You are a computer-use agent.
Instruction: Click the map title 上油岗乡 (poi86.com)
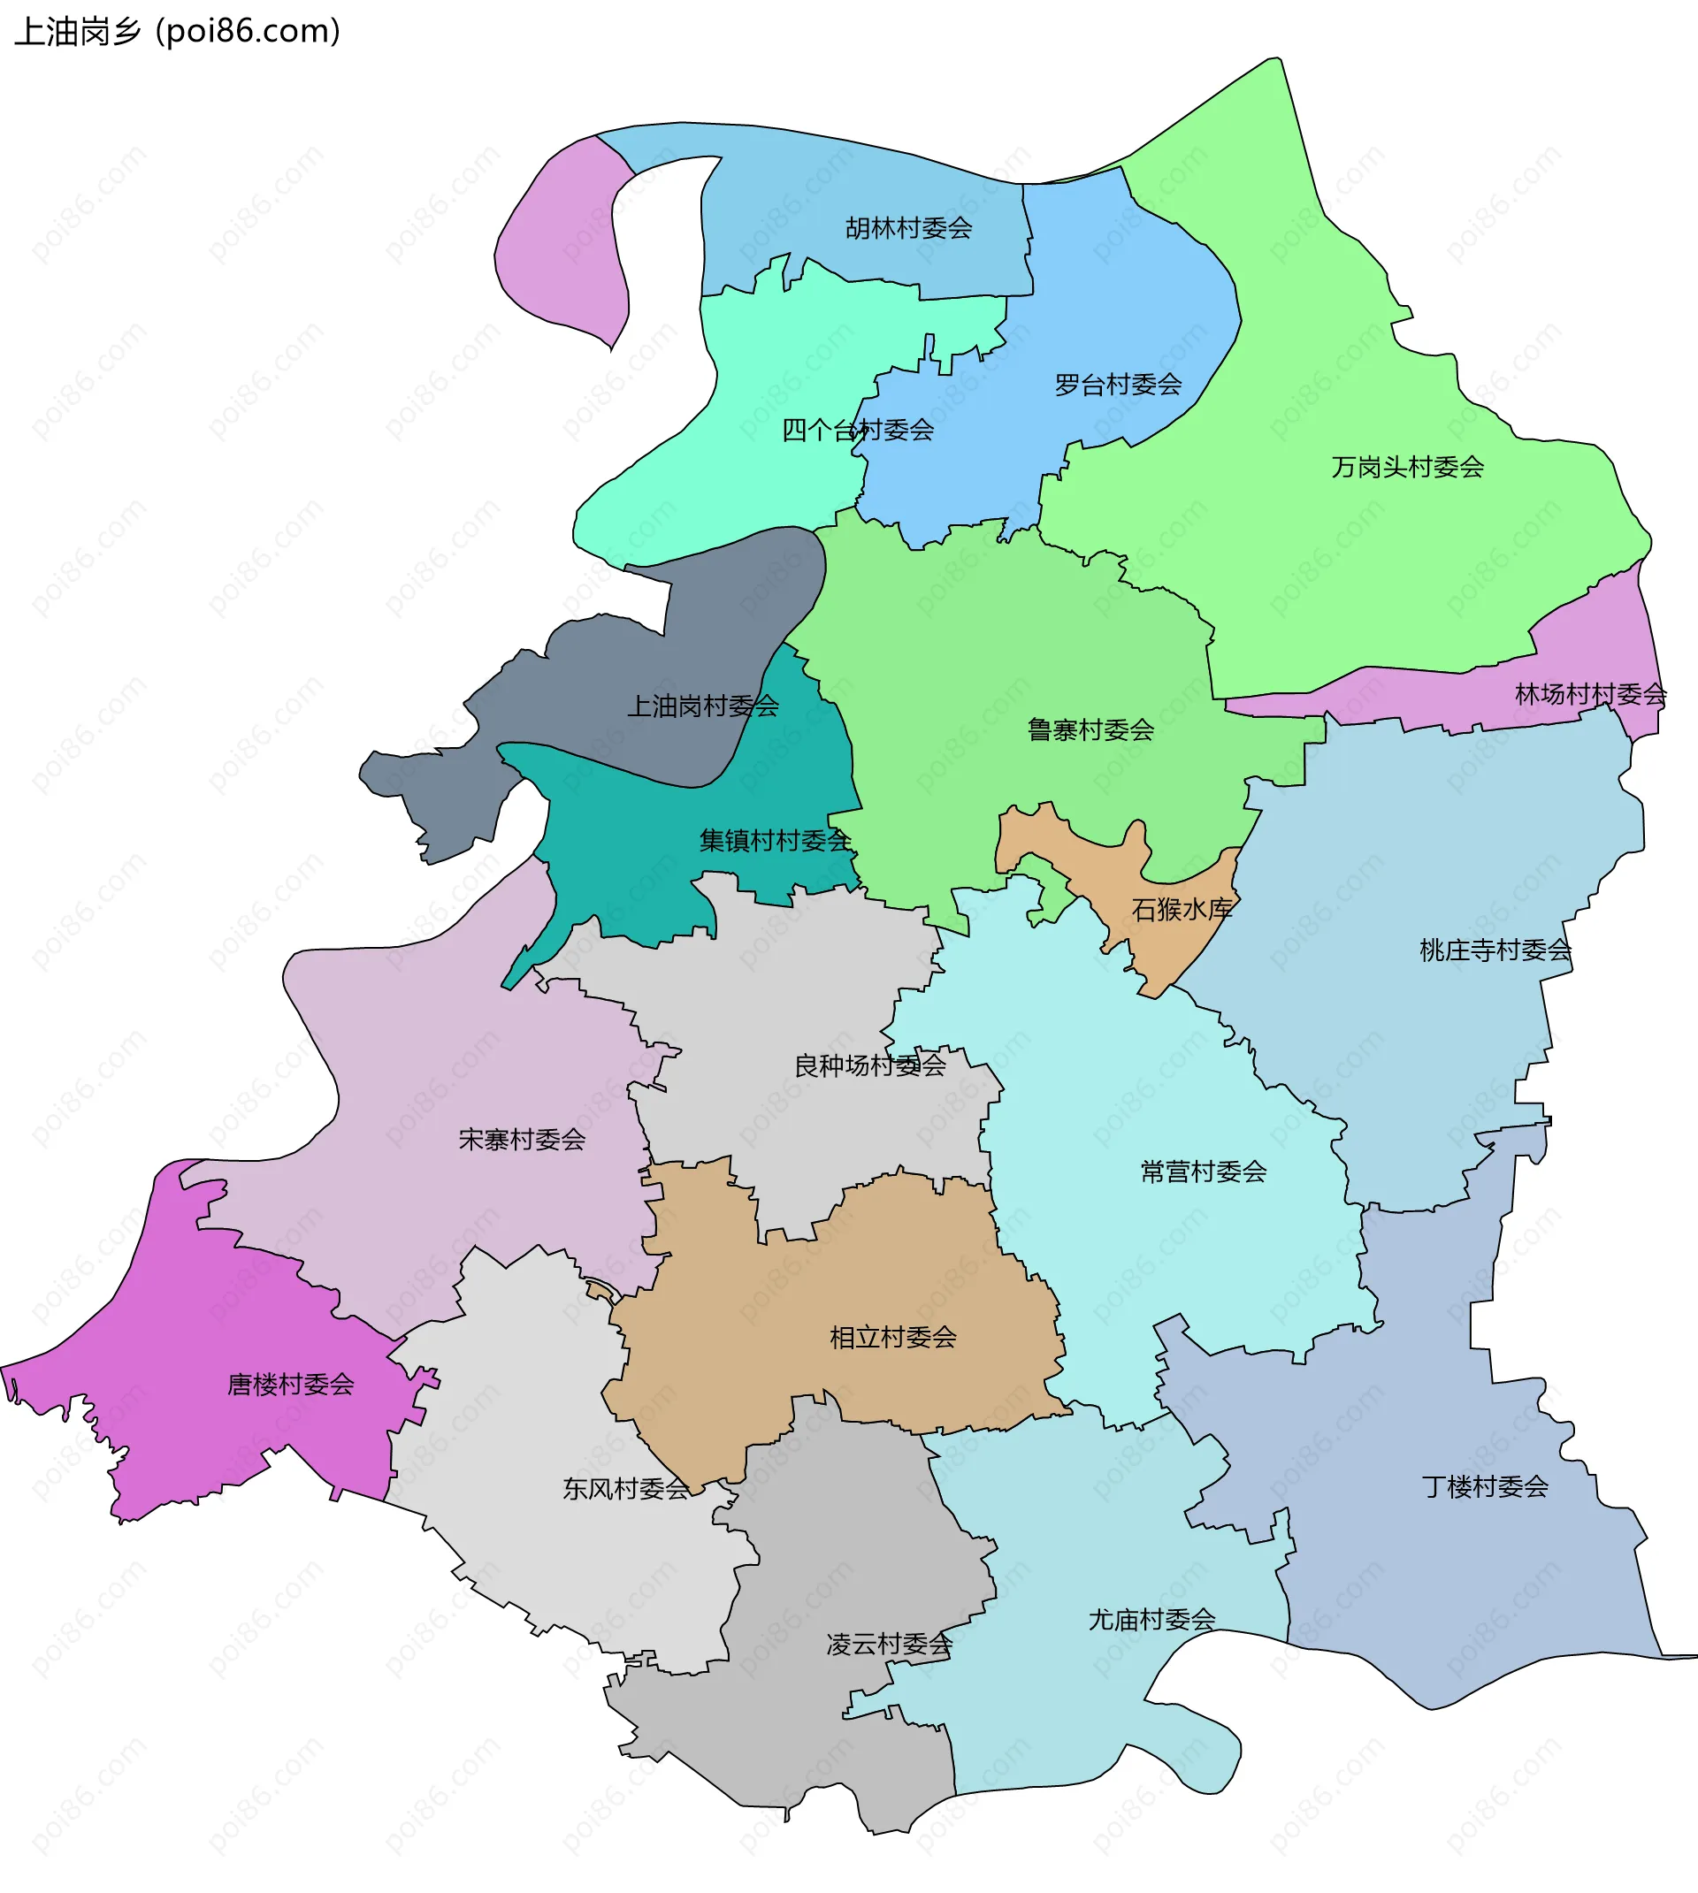[177, 32]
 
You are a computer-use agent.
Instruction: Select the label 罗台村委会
[1118, 385]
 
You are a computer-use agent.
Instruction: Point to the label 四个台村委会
[857, 431]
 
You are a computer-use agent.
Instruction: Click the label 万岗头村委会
[1407, 467]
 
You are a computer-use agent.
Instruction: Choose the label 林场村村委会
[1590, 695]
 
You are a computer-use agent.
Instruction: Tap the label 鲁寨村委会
[1090, 730]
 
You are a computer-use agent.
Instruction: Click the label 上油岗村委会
[702, 706]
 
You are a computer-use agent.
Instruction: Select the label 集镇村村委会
[775, 841]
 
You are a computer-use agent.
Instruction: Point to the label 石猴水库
[1182, 909]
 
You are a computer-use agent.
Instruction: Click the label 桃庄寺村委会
[1495, 950]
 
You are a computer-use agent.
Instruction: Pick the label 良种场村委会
[869, 1065]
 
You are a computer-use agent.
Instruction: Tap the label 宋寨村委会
[522, 1140]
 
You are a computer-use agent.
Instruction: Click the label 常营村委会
[1203, 1172]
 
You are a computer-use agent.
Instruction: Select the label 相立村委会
[893, 1338]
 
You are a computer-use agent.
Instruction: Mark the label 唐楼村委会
[290, 1385]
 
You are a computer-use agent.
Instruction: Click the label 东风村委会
[625, 1489]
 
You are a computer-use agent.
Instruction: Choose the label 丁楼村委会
[1484, 1486]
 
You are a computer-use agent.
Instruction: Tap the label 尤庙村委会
[1151, 1620]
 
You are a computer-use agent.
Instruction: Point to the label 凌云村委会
[888, 1644]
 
